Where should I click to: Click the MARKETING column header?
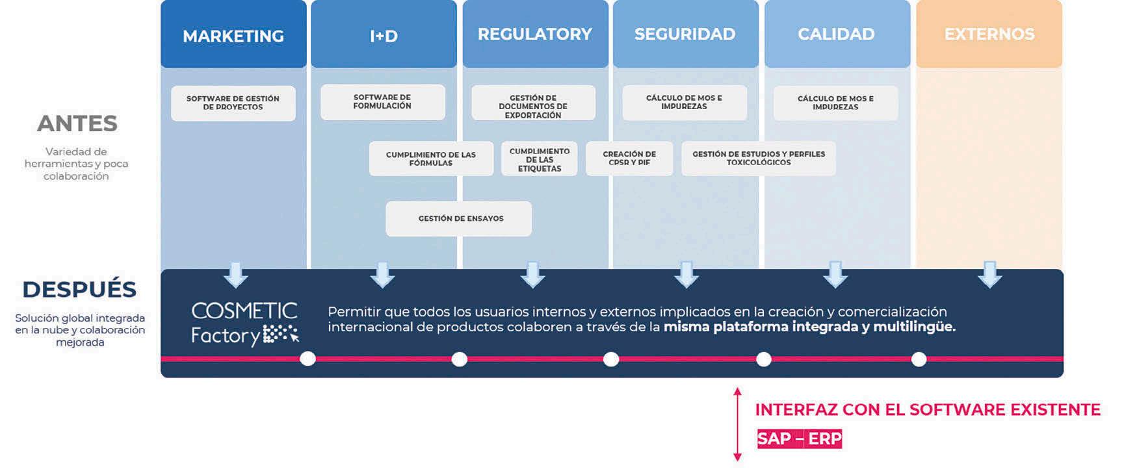[x=233, y=35]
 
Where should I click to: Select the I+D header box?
[x=384, y=35]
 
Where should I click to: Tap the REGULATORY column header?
[x=535, y=34]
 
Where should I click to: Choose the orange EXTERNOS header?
[x=989, y=34]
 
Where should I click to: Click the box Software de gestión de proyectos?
[x=233, y=103]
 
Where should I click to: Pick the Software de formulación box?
[x=382, y=102]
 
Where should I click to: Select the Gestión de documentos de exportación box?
[x=533, y=106]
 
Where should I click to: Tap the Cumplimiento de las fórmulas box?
[x=430, y=159]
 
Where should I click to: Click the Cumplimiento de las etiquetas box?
[x=539, y=159]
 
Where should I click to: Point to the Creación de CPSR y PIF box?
[x=629, y=159]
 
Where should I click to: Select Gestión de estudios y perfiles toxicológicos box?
[x=758, y=159]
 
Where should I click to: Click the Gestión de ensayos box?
[x=459, y=219]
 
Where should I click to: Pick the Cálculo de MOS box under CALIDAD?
[x=835, y=103]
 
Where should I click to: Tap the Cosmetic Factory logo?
[x=244, y=323]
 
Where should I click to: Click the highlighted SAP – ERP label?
[x=799, y=439]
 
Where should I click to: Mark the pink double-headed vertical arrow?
[x=737, y=424]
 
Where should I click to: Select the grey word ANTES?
[x=77, y=123]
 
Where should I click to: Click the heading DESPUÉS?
[x=79, y=289]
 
